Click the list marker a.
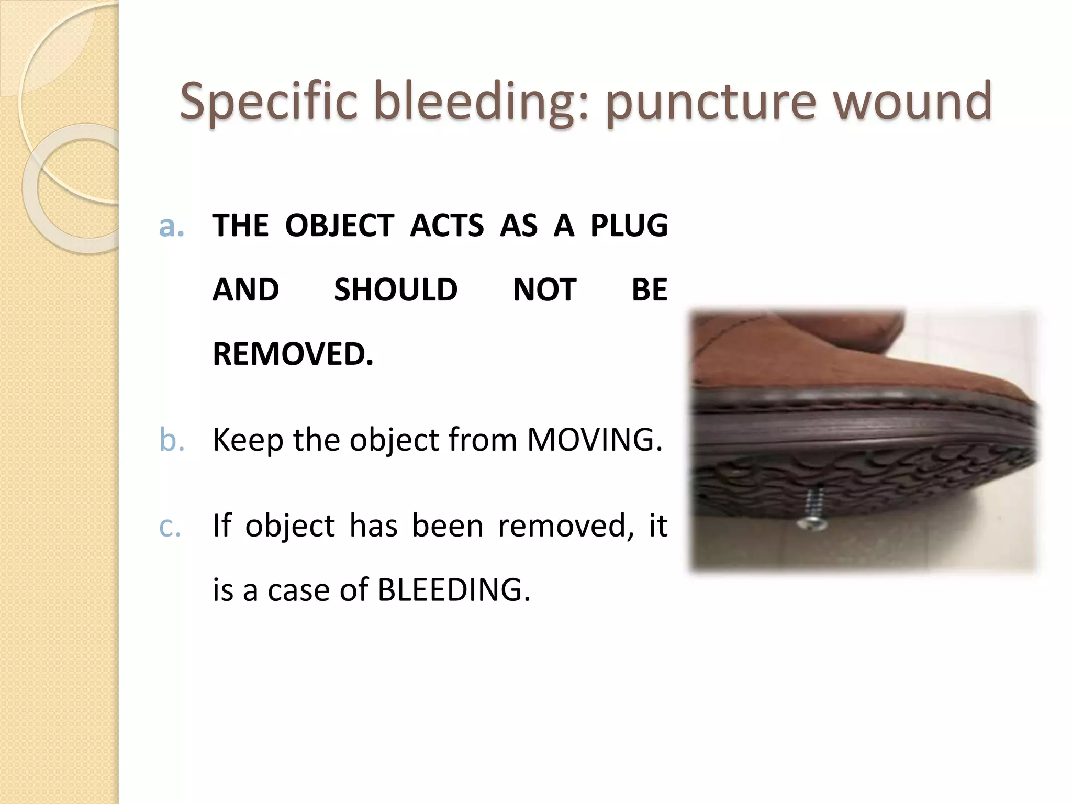point(172,226)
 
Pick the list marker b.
point(172,440)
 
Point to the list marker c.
point(170,526)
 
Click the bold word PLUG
point(629,226)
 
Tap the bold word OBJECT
point(339,226)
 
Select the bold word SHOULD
point(396,290)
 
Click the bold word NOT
point(544,290)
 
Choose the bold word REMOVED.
point(293,354)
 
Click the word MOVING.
point(594,440)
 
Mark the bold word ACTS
point(447,226)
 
